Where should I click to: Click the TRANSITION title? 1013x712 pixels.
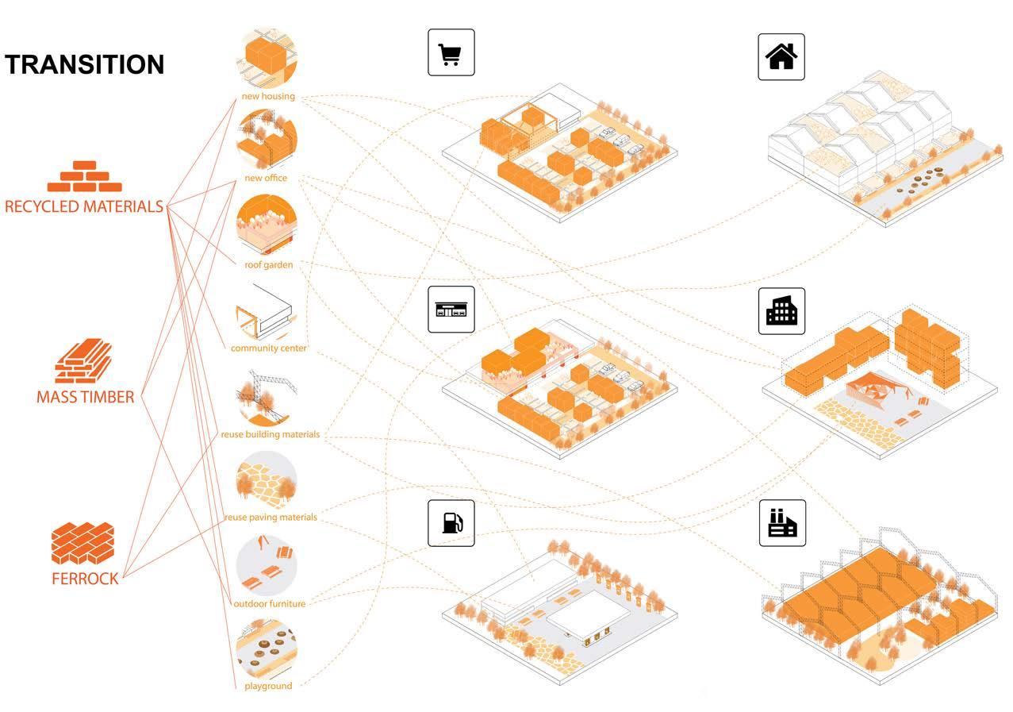85,64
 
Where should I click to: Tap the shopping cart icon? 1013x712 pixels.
451,52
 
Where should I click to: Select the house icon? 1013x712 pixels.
781,56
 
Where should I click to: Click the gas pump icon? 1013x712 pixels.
451,523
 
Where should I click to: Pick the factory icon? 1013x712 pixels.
781,522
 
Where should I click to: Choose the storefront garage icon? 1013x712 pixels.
451,309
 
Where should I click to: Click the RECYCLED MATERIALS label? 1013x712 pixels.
83,206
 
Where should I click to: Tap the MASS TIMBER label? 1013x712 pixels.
85,397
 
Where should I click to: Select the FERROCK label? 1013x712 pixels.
85,579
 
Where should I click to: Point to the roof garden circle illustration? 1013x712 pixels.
267,225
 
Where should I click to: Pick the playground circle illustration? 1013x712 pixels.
267,648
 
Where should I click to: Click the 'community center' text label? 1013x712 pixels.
268,348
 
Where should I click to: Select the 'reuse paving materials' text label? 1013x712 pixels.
270,517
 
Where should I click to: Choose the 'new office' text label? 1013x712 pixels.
266,178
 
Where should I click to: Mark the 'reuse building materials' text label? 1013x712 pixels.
270,434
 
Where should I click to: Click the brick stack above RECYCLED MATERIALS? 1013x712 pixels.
84,178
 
